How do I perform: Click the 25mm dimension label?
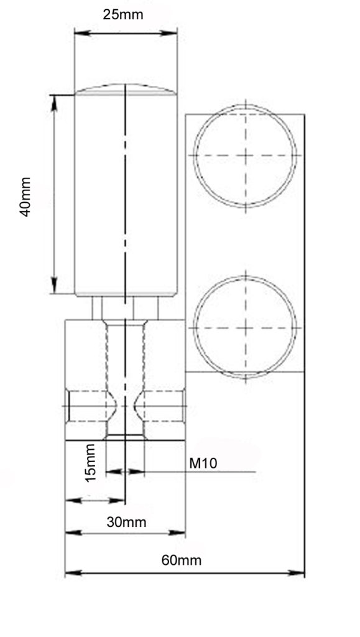[122, 14]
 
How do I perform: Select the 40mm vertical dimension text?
[25, 197]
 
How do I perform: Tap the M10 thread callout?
[203, 463]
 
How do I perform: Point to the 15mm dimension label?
[91, 462]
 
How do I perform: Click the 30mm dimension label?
[126, 522]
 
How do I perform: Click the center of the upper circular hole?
[245, 156]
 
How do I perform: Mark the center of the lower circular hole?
[245, 327]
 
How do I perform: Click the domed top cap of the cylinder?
[126, 90]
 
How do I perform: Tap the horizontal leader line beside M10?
[205, 472]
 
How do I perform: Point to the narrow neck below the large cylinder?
[126, 307]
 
